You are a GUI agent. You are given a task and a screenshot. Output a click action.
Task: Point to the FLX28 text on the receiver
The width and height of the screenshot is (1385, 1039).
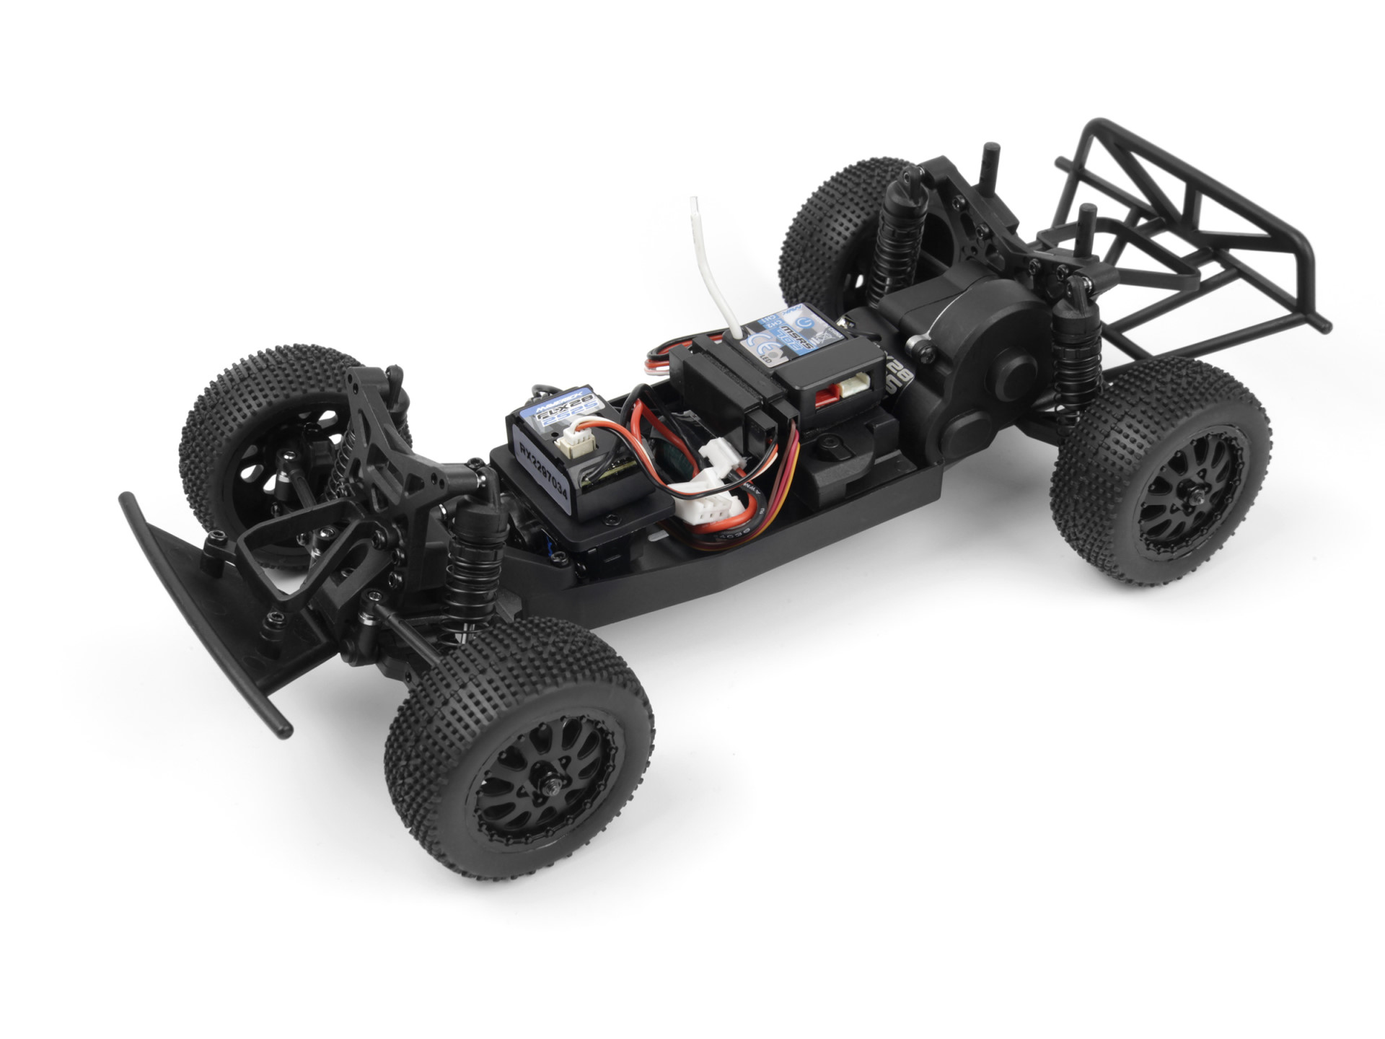click(x=555, y=424)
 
